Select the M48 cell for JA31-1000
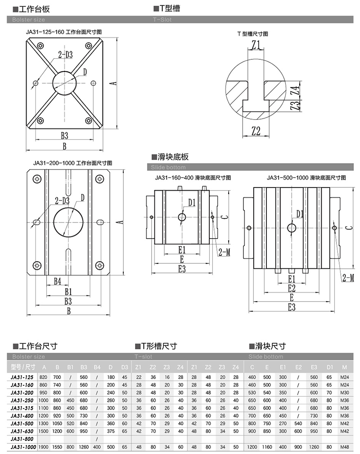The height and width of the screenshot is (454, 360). tap(344, 447)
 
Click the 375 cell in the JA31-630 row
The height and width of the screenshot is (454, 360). tap(111, 431)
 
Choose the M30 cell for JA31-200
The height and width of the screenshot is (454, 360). tap(344, 392)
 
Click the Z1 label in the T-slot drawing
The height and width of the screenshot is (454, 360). tap(256, 45)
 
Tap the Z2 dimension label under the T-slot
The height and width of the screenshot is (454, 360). tap(256, 131)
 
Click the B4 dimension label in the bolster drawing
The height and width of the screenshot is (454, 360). tap(57, 281)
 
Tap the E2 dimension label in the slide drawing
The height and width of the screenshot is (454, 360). tap(291, 288)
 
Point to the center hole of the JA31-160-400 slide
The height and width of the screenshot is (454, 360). tap(182, 218)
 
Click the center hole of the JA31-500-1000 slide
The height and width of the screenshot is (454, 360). tap(292, 227)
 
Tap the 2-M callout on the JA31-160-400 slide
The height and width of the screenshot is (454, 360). tap(224, 252)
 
